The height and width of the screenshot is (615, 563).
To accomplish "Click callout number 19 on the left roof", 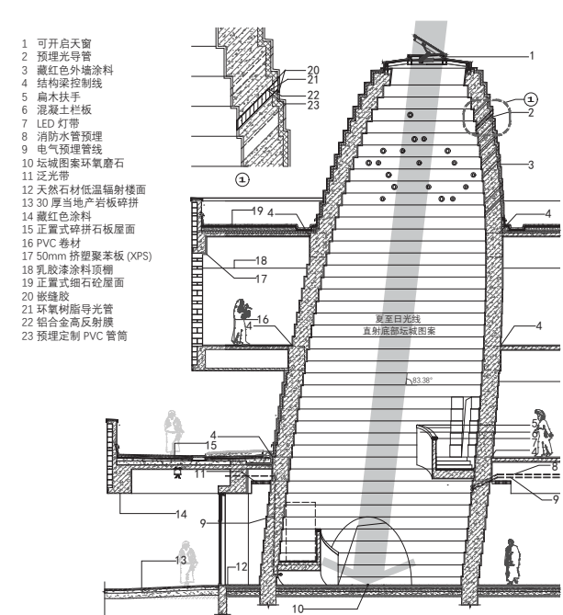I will coord(258,211).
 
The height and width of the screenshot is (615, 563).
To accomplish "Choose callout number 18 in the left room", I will coord(260,261).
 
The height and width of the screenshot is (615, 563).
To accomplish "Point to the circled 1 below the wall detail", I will coord(242,178).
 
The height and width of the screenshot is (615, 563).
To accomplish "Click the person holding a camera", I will coord(242,322).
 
